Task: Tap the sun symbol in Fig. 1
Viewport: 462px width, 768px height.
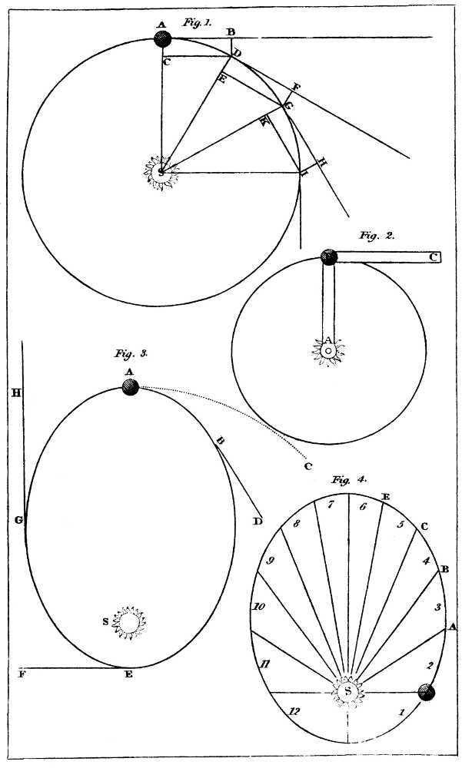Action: (x=161, y=173)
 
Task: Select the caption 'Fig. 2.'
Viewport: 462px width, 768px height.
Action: (x=377, y=236)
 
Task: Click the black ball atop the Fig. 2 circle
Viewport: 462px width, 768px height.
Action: (x=329, y=257)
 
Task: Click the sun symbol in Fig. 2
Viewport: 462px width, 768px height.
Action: (x=328, y=350)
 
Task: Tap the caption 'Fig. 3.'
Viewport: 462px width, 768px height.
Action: (x=131, y=354)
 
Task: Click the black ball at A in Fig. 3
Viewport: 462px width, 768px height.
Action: (x=131, y=389)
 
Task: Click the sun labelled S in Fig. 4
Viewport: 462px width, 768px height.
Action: (x=348, y=690)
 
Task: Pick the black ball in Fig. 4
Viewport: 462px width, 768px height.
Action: (x=427, y=692)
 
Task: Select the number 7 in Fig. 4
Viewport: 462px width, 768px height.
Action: (x=331, y=505)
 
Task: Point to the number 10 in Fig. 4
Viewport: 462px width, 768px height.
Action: (x=260, y=607)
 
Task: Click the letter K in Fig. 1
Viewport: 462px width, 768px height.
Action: (x=263, y=122)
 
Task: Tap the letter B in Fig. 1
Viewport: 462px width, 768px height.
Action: (x=230, y=31)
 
